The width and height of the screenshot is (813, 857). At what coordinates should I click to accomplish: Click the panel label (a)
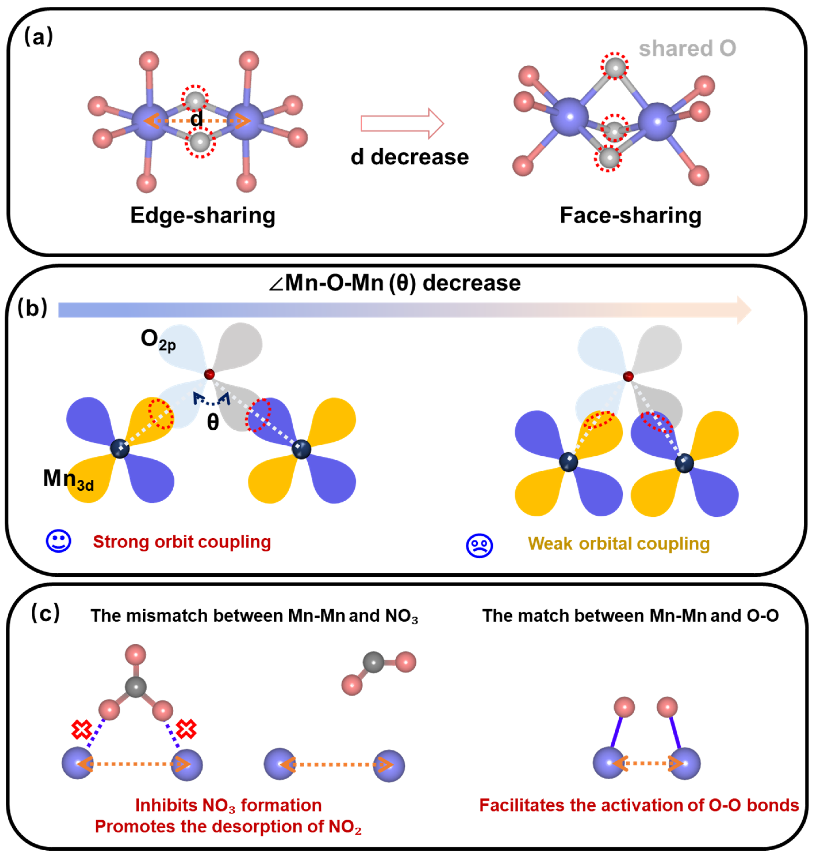pyautogui.click(x=38, y=36)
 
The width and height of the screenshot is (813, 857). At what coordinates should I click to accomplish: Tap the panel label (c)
pyautogui.click(x=45, y=613)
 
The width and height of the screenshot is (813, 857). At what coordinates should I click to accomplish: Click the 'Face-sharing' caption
pyautogui.click(x=631, y=215)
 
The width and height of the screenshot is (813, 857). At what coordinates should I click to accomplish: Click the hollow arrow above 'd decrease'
pyautogui.click(x=402, y=123)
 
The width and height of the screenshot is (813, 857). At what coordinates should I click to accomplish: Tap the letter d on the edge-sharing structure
pyautogui.click(x=196, y=118)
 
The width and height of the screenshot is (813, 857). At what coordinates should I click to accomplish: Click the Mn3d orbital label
pyautogui.click(x=68, y=480)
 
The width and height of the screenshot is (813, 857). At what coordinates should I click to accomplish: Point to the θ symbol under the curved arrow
pyautogui.click(x=212, y=422)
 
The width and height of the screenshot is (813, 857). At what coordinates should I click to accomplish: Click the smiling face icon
pyautogui.click(x=58, y=541)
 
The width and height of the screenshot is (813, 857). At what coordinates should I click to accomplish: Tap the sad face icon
pyautogui.click(x=479, y=545)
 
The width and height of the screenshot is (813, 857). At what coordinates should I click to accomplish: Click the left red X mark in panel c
pyautogui.click(x=82, y=730)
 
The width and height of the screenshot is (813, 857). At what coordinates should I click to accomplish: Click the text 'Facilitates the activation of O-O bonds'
pyautogui.click(x=639, y=805)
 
